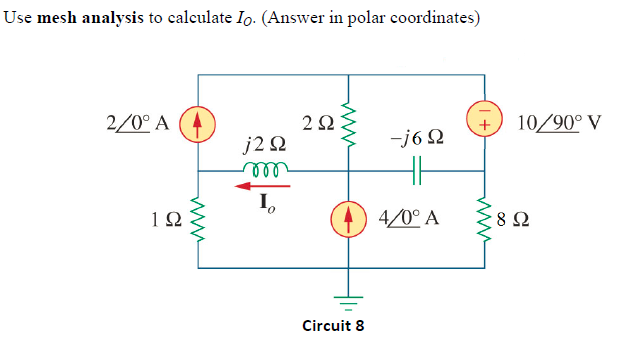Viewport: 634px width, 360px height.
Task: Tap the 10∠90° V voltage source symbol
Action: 488,122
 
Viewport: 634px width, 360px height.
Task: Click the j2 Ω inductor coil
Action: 265,168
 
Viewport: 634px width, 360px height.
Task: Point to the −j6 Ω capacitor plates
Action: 418,173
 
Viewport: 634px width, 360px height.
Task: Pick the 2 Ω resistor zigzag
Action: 348,123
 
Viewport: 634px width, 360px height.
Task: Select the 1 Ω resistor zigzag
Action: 198,217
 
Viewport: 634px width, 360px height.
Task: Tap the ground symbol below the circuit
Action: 348,302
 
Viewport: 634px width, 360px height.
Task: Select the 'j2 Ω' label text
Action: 266,146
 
